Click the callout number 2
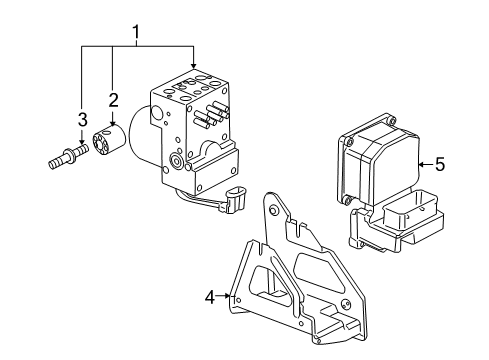114,99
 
